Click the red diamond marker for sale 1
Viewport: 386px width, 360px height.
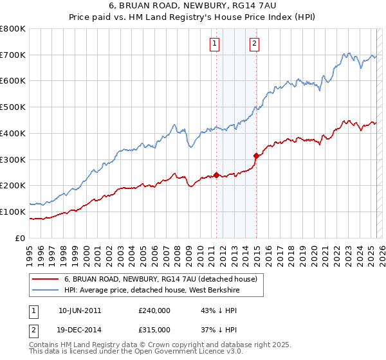click(216, 174)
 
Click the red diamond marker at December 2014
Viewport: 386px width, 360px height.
click(257, 155)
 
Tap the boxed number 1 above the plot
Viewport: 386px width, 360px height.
click(214, 44)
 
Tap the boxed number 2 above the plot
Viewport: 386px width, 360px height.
click(254, 44)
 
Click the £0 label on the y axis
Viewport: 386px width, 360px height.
click(21, 238)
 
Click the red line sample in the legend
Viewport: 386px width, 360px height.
click(45, 280)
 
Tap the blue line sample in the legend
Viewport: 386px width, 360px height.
click(45, 291)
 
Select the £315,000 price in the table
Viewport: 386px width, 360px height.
click(154, 330)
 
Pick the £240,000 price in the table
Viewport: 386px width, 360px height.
click(154, 310)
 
